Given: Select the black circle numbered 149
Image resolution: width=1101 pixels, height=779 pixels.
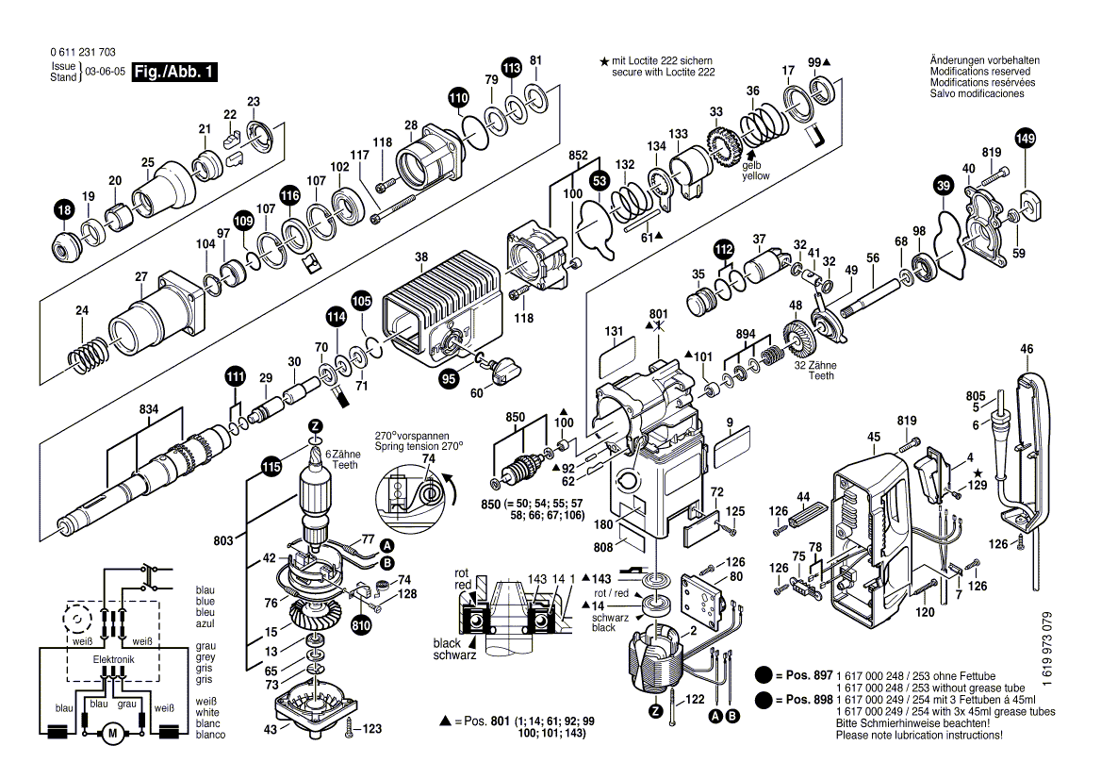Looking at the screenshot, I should [x=1025, y=139].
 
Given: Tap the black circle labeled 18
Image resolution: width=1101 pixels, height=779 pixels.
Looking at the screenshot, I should [x=63, y=213].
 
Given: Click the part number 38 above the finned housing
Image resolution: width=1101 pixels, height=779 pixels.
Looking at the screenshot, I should [x=421, y=257].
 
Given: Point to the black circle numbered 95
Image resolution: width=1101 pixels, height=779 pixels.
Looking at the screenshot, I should [x=450, y=378].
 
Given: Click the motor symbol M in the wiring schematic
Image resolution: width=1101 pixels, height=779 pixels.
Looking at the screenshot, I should [x=112, y=732].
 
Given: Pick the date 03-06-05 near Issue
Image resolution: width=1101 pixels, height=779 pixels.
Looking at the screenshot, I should [x=105, y=72].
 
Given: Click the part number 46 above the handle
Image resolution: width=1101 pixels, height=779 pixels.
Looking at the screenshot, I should [x=1027, y=349].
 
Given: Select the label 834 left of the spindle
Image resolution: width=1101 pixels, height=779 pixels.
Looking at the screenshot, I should [x=149, y=410].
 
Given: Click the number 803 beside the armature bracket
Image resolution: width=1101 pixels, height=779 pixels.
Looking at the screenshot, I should [x=222, y=540].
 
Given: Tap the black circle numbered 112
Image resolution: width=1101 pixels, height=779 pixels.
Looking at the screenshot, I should [x=723, y=249].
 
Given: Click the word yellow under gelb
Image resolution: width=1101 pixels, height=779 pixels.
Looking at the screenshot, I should [x=755, y=175].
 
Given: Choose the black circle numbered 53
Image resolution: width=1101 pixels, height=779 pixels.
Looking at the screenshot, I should [x=600, y=178].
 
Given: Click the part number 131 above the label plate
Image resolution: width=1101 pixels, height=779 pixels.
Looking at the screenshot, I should [x=614, y=331].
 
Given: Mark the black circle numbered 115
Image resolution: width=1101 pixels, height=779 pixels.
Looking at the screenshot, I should [x=271, y=465].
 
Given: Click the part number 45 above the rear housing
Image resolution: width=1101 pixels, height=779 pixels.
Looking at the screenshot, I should [x=874, y=436].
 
